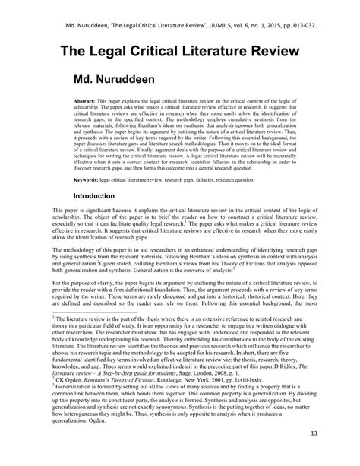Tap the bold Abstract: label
click(x=85, y=100)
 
